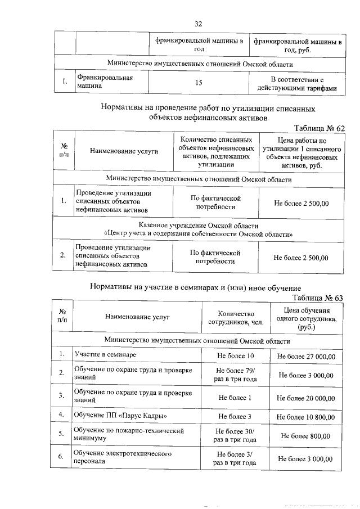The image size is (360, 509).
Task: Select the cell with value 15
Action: click(x=198, y=83)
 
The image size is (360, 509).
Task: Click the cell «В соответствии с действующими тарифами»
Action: click(x=296, y=83)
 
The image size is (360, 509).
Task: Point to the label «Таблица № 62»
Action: click(x=319, y=128)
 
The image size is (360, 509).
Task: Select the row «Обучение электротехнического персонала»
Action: click(x=123, y=457)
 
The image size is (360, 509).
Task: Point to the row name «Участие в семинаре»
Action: click(x=106, y=355)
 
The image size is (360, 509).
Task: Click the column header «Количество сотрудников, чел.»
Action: click(x=235, y=318)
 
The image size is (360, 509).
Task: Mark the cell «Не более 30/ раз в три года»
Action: click(x=235, y=435)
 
